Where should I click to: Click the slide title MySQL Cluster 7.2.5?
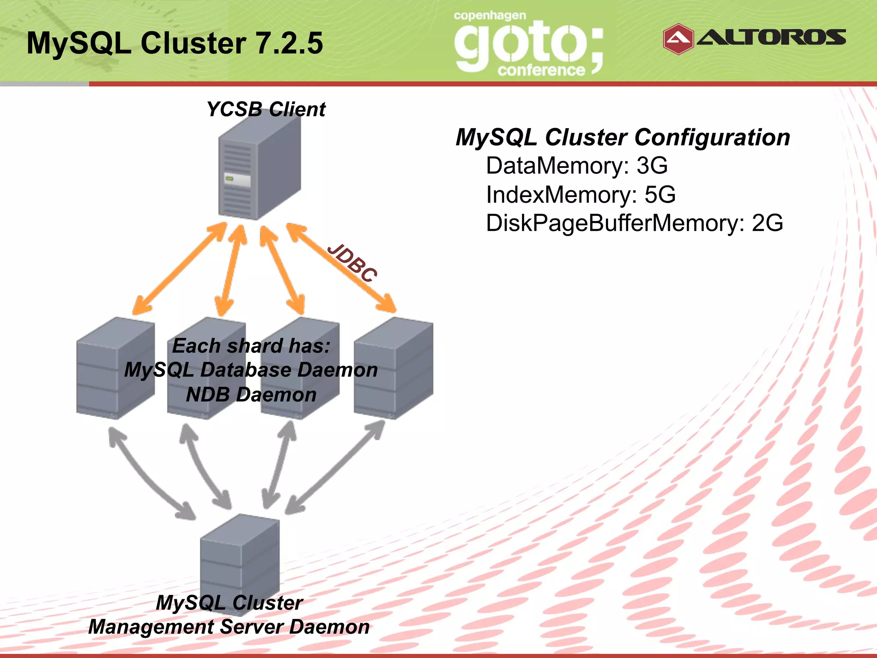[175, 43]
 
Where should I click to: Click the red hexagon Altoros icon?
[678, 39]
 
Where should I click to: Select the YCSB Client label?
[266, 109]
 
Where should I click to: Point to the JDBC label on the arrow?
[352, 263]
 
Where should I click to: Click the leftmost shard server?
[115, 368]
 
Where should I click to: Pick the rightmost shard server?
[393, 368]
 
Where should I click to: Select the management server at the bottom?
[240, 557]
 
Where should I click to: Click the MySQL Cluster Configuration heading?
[623, 138]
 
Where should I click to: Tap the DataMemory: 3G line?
[576, 166]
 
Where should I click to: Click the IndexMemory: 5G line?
[581, 194]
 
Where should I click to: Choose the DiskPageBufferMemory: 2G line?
[634, 223]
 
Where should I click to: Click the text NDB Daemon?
[251, 395]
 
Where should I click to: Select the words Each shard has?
[251, 346]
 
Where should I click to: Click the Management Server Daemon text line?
[229, 627]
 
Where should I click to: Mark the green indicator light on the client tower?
[229, 178]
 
